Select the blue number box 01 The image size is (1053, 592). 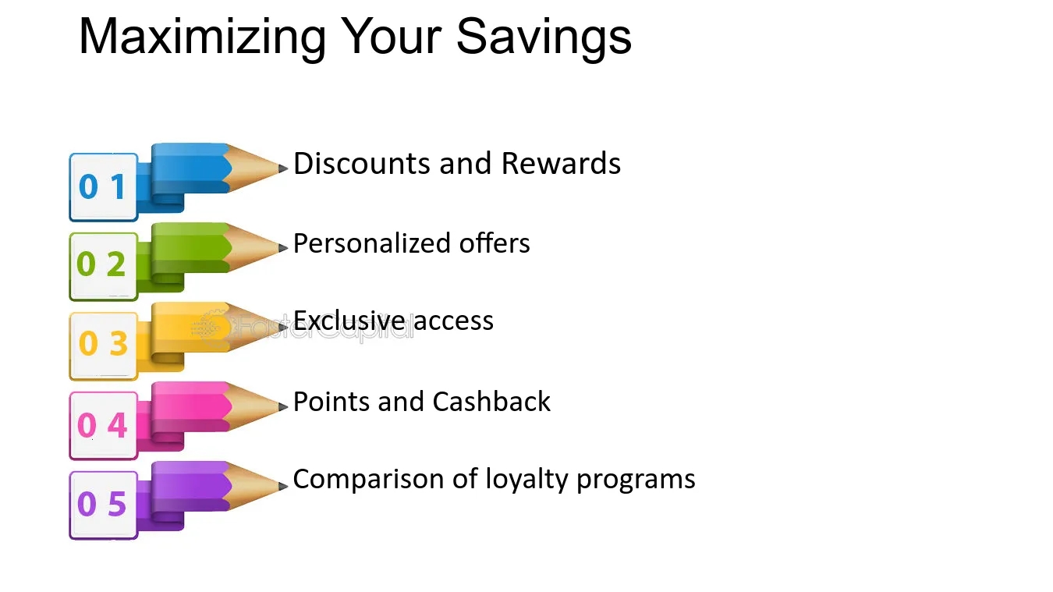click(x=104, y=187)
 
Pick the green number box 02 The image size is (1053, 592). click(x=104, y=267)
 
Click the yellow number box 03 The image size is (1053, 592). click(x=104, y=346)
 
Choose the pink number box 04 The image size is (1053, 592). click(x=104, y=426)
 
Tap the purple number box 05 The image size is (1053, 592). click(x=104, y=505)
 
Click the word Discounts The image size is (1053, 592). click(x=362, y=164)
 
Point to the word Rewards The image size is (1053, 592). click(x=561, y=164)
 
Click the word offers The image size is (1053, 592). click(x=495, y=243)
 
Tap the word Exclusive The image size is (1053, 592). click(x=349, y=321)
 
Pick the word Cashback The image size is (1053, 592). click(x=491, y=402)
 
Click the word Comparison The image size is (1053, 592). click(x=368, y=479)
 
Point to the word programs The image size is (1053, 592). click(x=636, y=480)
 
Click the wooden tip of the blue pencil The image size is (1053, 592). click(x=253, y=168)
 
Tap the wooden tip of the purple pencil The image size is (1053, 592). click(x=253, y=486)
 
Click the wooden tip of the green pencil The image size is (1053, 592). click(x=253, y=248)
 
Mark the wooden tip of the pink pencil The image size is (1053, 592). click(x=253, y=406)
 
